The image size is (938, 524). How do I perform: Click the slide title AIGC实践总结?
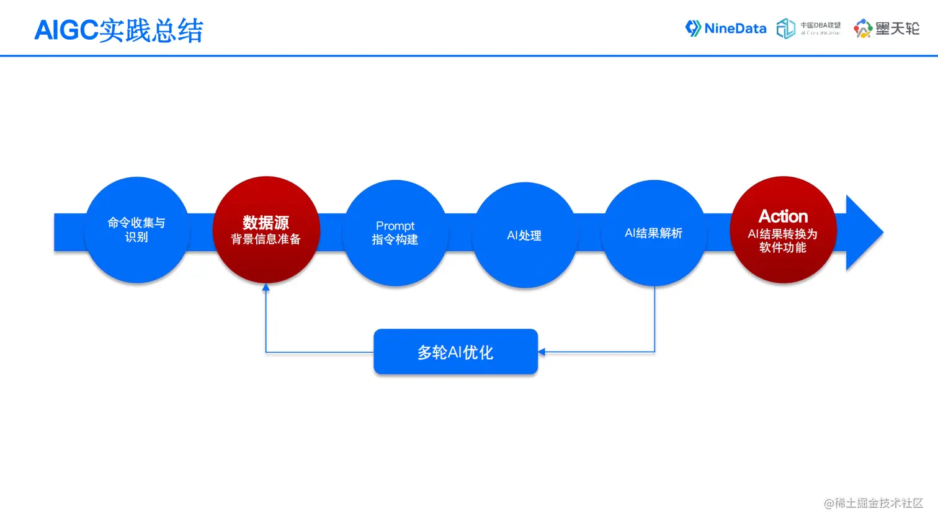[118, 30]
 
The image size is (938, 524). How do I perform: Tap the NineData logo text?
[735, 29]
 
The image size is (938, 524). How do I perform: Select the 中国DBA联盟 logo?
[808, 29]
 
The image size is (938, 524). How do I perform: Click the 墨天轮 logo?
[887, 29]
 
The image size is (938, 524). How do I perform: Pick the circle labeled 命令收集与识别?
[136, 230]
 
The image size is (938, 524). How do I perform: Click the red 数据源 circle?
[266, 230]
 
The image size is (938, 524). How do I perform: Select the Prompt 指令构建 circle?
[395, 233]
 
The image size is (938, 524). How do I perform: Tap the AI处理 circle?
[524, 235]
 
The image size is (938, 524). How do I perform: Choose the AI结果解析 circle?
[654, 233]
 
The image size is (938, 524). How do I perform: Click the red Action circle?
[783, 230]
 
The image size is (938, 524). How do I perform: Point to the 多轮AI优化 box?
[455, 352]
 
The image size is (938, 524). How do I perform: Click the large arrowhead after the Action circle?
[864, 233]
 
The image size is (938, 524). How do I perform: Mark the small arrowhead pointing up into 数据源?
[266, 287]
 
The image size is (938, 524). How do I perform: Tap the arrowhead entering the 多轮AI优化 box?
[542, 352]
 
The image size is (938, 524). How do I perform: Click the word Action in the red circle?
[783, 216]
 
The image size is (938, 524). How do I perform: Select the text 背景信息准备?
[266, 239]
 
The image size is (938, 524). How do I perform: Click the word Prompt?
[395, 226]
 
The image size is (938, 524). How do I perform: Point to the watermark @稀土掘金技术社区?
[873, 503]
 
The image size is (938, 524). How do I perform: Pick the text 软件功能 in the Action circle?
[783, 247]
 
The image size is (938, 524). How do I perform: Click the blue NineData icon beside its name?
[693, 29]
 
